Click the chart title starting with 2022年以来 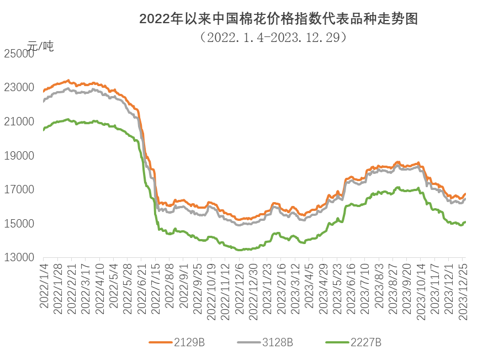278,19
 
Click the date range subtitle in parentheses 274,37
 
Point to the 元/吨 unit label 40,46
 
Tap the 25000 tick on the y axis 20,54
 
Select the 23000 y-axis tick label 20,88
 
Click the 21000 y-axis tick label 20,121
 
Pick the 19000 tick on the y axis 20,156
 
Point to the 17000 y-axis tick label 20,190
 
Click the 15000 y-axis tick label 20,224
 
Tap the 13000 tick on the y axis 20,258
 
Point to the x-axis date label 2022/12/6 241,285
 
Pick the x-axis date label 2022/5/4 114,283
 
